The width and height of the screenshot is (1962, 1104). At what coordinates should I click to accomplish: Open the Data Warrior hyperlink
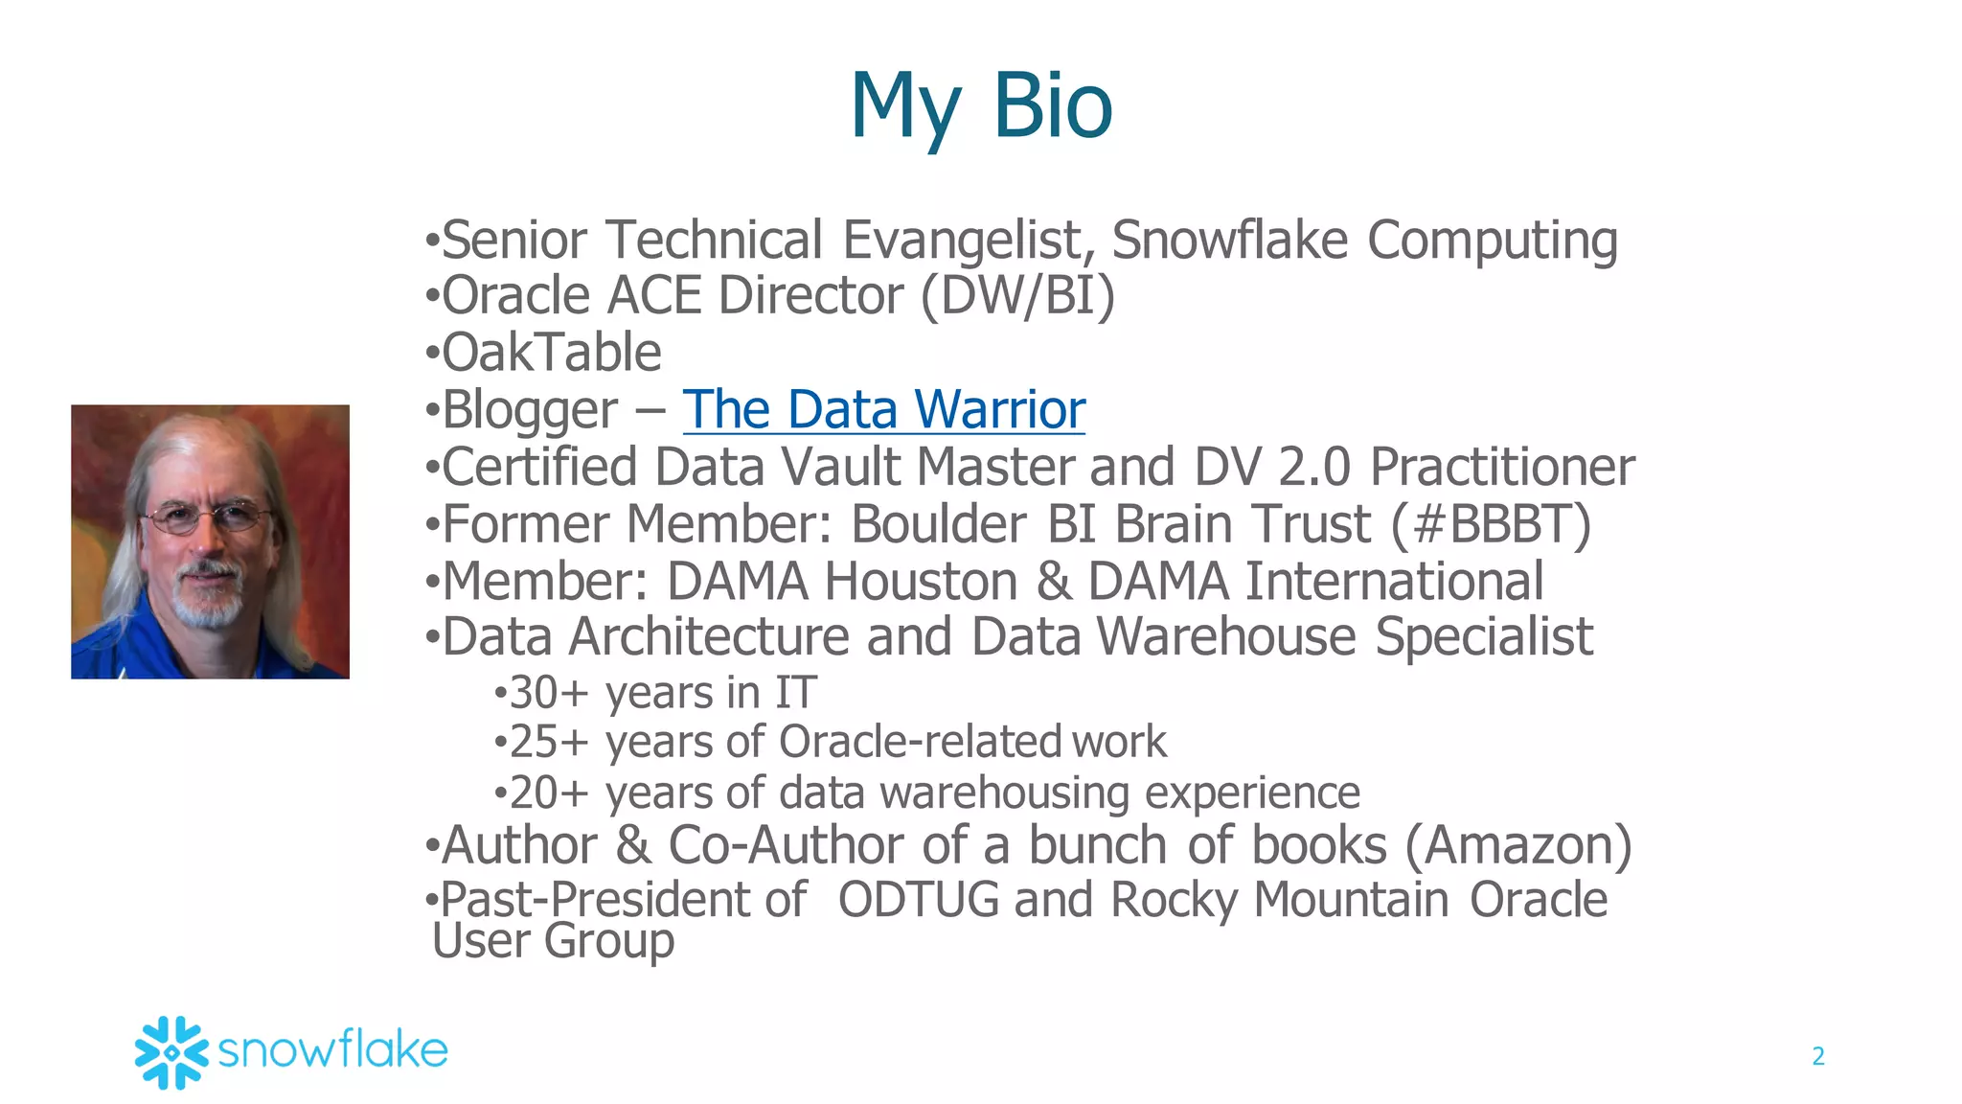(x=883, y=410)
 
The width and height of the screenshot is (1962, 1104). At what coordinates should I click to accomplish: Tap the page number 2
(x=1817, y=1056)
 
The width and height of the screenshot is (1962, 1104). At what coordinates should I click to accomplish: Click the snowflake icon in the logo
(x=171, y=1052)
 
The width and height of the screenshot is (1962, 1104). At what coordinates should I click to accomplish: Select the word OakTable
(x=552, y=353)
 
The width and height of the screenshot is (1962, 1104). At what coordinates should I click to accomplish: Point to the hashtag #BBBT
(x=1491, y=524)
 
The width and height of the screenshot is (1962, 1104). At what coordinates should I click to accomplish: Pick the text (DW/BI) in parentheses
(x=1017, y=295)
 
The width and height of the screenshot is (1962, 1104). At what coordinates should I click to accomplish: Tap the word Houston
(x=922, y=582)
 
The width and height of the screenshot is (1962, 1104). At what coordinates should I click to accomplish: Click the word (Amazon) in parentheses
(x=1518, y=845)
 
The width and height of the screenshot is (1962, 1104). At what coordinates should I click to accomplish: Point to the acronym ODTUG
(x=918, y=900)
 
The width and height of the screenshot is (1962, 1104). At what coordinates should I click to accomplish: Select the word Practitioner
(x=1501, y=468)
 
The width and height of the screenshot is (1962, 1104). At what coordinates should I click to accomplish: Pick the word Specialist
(x=1484, y=636)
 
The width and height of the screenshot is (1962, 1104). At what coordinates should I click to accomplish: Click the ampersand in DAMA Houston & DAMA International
(x=1053, y=582)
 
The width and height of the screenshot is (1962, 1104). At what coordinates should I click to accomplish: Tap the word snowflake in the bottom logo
(x=332, y=1050)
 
